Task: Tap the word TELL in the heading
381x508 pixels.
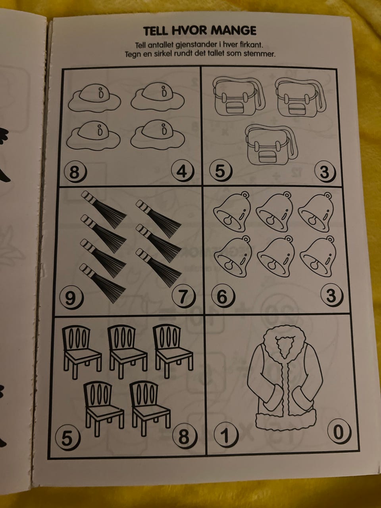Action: (x=155, y=31)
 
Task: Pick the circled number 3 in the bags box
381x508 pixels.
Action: (x=325, y=172)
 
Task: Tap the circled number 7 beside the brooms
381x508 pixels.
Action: (x=184, y=296)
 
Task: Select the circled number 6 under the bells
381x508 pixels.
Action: (x=223, y=296)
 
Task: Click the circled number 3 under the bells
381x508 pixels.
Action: (x=332, y=295)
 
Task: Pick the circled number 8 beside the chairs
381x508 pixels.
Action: (x=185, y=437)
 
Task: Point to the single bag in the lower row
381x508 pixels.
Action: (x=271, y=147)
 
